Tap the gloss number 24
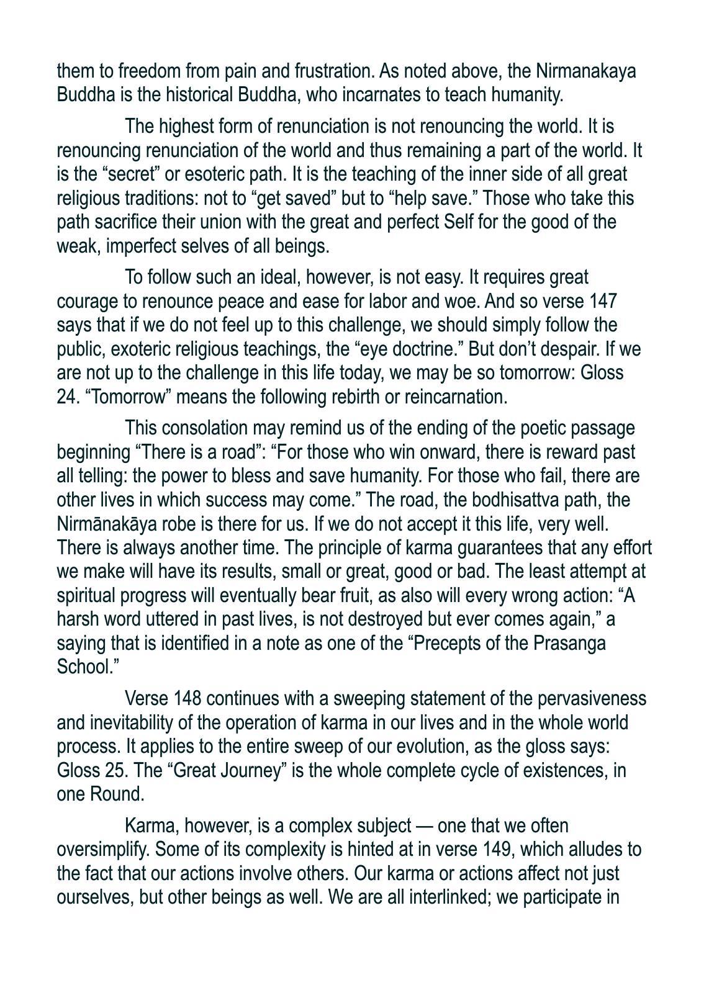[66, 397]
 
